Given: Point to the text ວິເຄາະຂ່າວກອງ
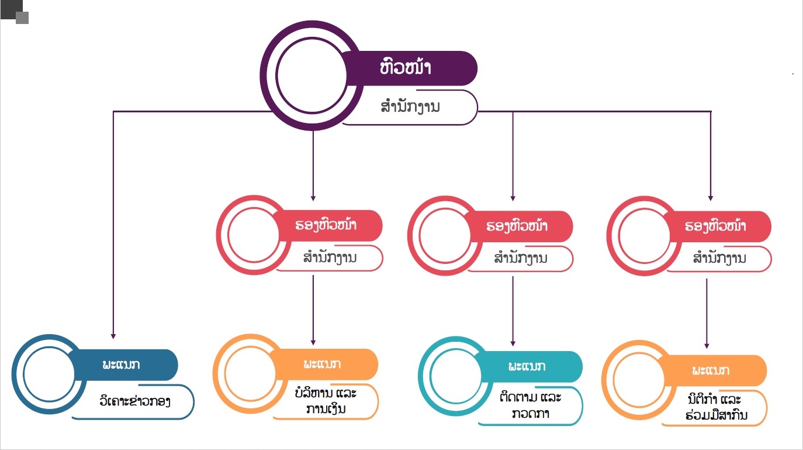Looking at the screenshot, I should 135,402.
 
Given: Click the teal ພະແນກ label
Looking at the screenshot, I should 526,367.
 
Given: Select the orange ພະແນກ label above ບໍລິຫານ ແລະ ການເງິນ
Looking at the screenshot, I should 323,364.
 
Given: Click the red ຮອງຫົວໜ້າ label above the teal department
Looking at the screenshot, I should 517,226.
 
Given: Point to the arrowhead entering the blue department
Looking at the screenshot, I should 113,335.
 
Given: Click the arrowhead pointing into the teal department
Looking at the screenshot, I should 513,343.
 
